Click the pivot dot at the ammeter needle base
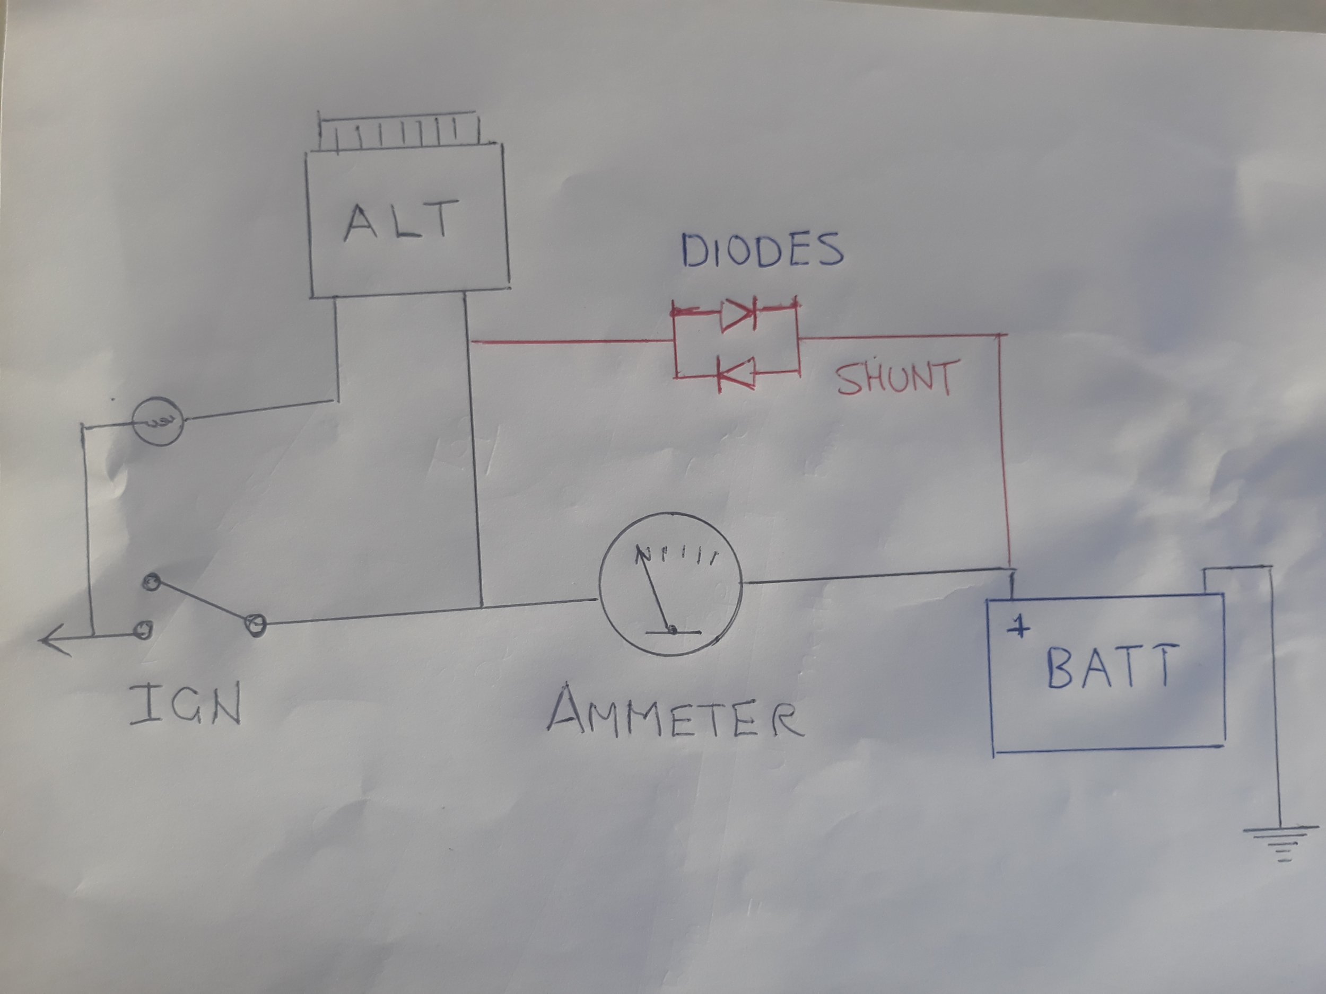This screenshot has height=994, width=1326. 672,629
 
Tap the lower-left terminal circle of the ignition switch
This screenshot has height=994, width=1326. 143,629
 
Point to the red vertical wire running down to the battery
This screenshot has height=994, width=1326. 1005,450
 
